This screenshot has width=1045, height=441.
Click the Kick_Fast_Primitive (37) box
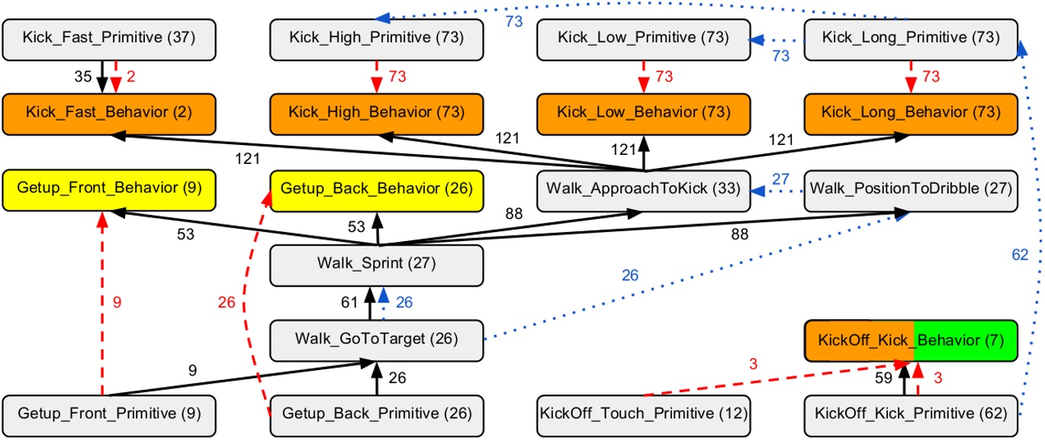pyautogui.click(x=109, y=40)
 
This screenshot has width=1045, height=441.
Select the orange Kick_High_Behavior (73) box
pyautogui.click(x=377, y=114)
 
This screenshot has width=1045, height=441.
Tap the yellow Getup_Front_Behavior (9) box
pyautogui.click(x=109, y=191)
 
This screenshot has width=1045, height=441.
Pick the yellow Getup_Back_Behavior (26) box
pyautogui.click(x=377, y=191)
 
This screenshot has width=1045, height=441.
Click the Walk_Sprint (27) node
pyautogui.click(x=377, y=266)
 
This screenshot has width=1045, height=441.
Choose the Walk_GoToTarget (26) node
pyautogui.click(x=377, y=340)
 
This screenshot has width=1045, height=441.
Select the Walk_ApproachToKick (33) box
pyautogui.click(x=644, y=191)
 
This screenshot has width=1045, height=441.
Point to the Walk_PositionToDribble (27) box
pyautogui.click(x=911, y=191)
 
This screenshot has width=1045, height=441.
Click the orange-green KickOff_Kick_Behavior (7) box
pyautogui.click(x=911, y=340)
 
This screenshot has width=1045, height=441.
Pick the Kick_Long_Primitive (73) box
pyautogui.click(x=911, y=40)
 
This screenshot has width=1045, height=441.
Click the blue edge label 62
pyautogui.click(x=1020, y=255)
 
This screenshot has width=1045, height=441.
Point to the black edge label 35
pyautogui.click(x=83, y=76)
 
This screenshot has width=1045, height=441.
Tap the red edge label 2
pyautogui.click(x=131, y=76)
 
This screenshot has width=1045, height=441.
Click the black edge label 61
pyautogui.click(x=349, y=302)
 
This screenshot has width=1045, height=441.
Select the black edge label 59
pyautogui.click(x=883, y=378)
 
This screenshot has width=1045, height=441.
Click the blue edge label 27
pyautogui.click(x=780, y=179)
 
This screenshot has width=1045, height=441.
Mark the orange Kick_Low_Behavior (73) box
pyautogui.click(x=644, y=114)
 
